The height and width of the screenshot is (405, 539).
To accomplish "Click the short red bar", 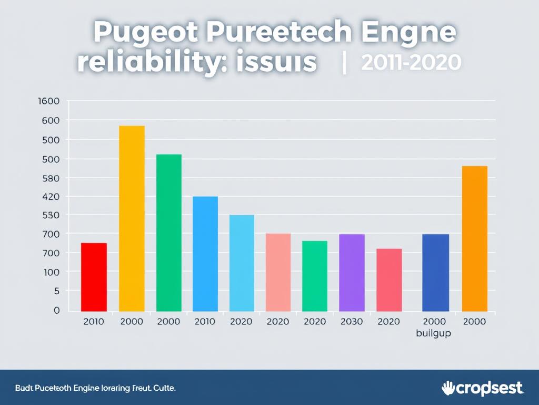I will click(x=94, y=277).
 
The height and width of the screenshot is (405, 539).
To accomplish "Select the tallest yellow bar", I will click(x=132, y=218).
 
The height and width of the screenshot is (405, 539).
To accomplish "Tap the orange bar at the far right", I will click(x=474, y=238).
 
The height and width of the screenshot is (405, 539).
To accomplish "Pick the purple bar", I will click(x=352, y=273).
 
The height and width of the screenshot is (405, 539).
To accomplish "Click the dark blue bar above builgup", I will click(x=436, y=273).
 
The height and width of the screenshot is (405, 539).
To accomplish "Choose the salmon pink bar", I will click(x=278, y=272).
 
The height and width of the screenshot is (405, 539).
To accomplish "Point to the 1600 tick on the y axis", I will click(x=49, y=101).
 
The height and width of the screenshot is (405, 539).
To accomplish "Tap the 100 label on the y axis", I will click(x=51, y=272).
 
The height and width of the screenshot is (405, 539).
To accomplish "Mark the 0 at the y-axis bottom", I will click(x=56, y=310).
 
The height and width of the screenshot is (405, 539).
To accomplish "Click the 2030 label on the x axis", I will click(x=351, y=322).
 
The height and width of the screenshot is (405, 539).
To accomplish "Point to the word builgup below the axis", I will click(x=433, y=333).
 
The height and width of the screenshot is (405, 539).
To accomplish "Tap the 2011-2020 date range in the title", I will click(x=411, y=62).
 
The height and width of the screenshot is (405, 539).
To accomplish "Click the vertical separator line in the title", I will click(x=344, y=63).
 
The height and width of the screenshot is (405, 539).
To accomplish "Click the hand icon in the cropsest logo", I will click(x=448, y=388).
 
